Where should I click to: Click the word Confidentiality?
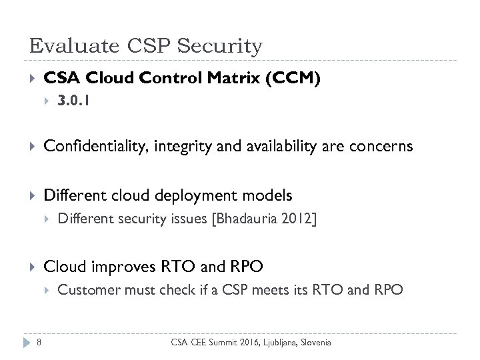click(x=88, y=147)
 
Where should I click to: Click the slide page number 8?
click(x=39, y=343)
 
